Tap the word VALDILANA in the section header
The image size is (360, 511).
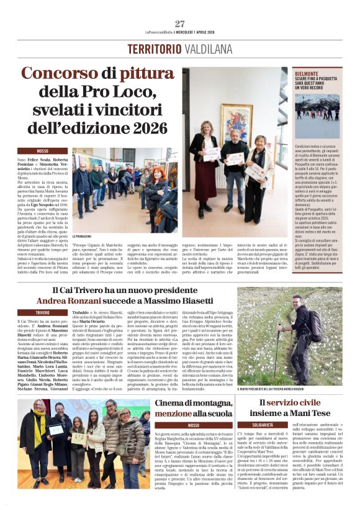(x=207, y=49)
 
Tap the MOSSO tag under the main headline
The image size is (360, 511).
(x=42, y=151)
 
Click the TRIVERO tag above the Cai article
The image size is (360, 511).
(x=42, y=312)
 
